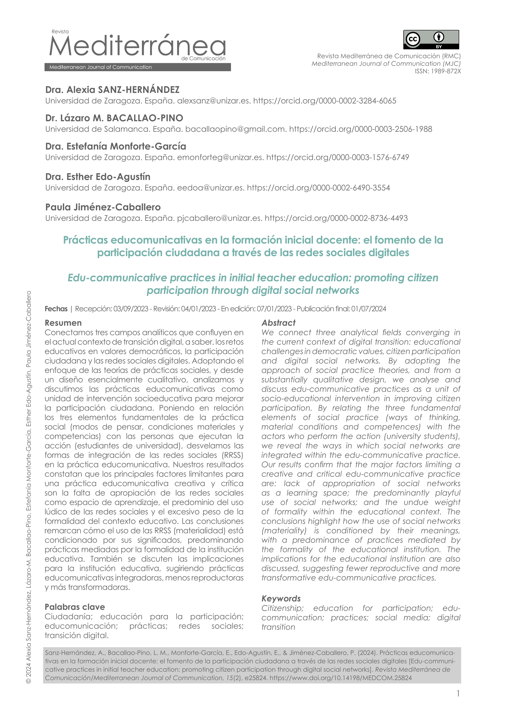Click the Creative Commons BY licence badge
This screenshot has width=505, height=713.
tap(431, 39)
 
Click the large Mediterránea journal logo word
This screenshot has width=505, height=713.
tap(137, 46)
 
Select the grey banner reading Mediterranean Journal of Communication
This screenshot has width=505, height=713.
tap(137, 67)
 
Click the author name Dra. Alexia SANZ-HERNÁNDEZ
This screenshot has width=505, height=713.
tap(112, 90)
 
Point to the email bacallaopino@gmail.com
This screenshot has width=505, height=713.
tap(236, 129)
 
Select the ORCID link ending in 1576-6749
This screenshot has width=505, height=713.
tap(337, 157)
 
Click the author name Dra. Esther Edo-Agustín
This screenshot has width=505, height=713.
tap(98, 177)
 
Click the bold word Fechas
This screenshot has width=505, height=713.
tap(56, 309)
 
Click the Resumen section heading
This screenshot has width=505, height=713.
tap(63, 323)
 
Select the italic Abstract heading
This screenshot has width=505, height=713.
tap(278, 323)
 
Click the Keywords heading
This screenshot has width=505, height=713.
tap(281, 598)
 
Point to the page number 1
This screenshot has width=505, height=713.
tap(458, 693)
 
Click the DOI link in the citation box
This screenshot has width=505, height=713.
tap(340, 678)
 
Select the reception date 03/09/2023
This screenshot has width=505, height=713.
tap(131, 309)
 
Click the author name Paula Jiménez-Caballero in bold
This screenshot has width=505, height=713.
tap(103, 207)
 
